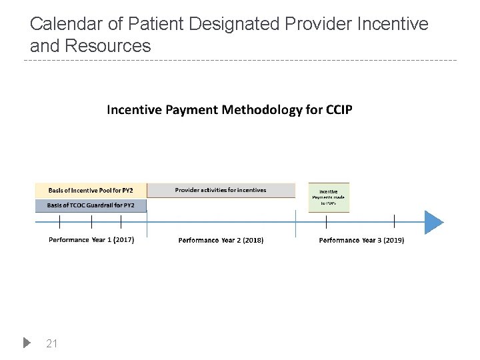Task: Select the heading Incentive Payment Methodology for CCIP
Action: tap(229, 110)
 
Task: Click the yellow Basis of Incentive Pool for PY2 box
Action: tap(91, 190)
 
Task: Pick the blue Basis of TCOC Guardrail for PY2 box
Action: tap(91, 205)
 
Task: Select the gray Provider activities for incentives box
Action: tap(221, 190)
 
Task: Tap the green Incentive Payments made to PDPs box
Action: tap(328, 197)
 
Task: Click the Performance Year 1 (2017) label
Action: tap(91, 240)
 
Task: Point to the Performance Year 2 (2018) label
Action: tap(221, 240)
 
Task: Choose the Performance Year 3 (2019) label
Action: tap(361, 240)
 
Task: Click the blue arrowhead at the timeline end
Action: tap(433, 221)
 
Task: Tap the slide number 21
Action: tap(51, 343)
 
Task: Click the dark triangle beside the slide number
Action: tap(27, 343)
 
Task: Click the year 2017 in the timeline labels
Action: tap(122, 240)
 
